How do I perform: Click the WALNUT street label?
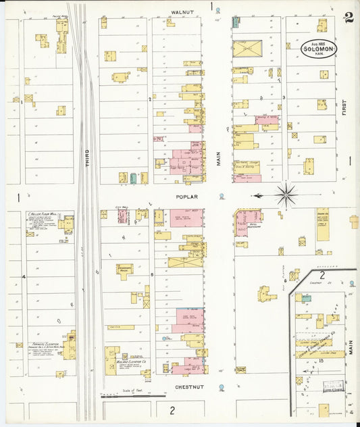(182, 11)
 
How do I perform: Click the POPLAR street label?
(188, 197)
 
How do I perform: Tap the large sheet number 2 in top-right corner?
(348, 18)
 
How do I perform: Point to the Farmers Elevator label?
(46, 345)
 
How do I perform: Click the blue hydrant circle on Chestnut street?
(222, 388)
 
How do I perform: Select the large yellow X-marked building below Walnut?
(247, 49)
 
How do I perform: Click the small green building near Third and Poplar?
(133, 178)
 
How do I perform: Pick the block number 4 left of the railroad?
(23, 277)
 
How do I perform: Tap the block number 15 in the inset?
(322, 362)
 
